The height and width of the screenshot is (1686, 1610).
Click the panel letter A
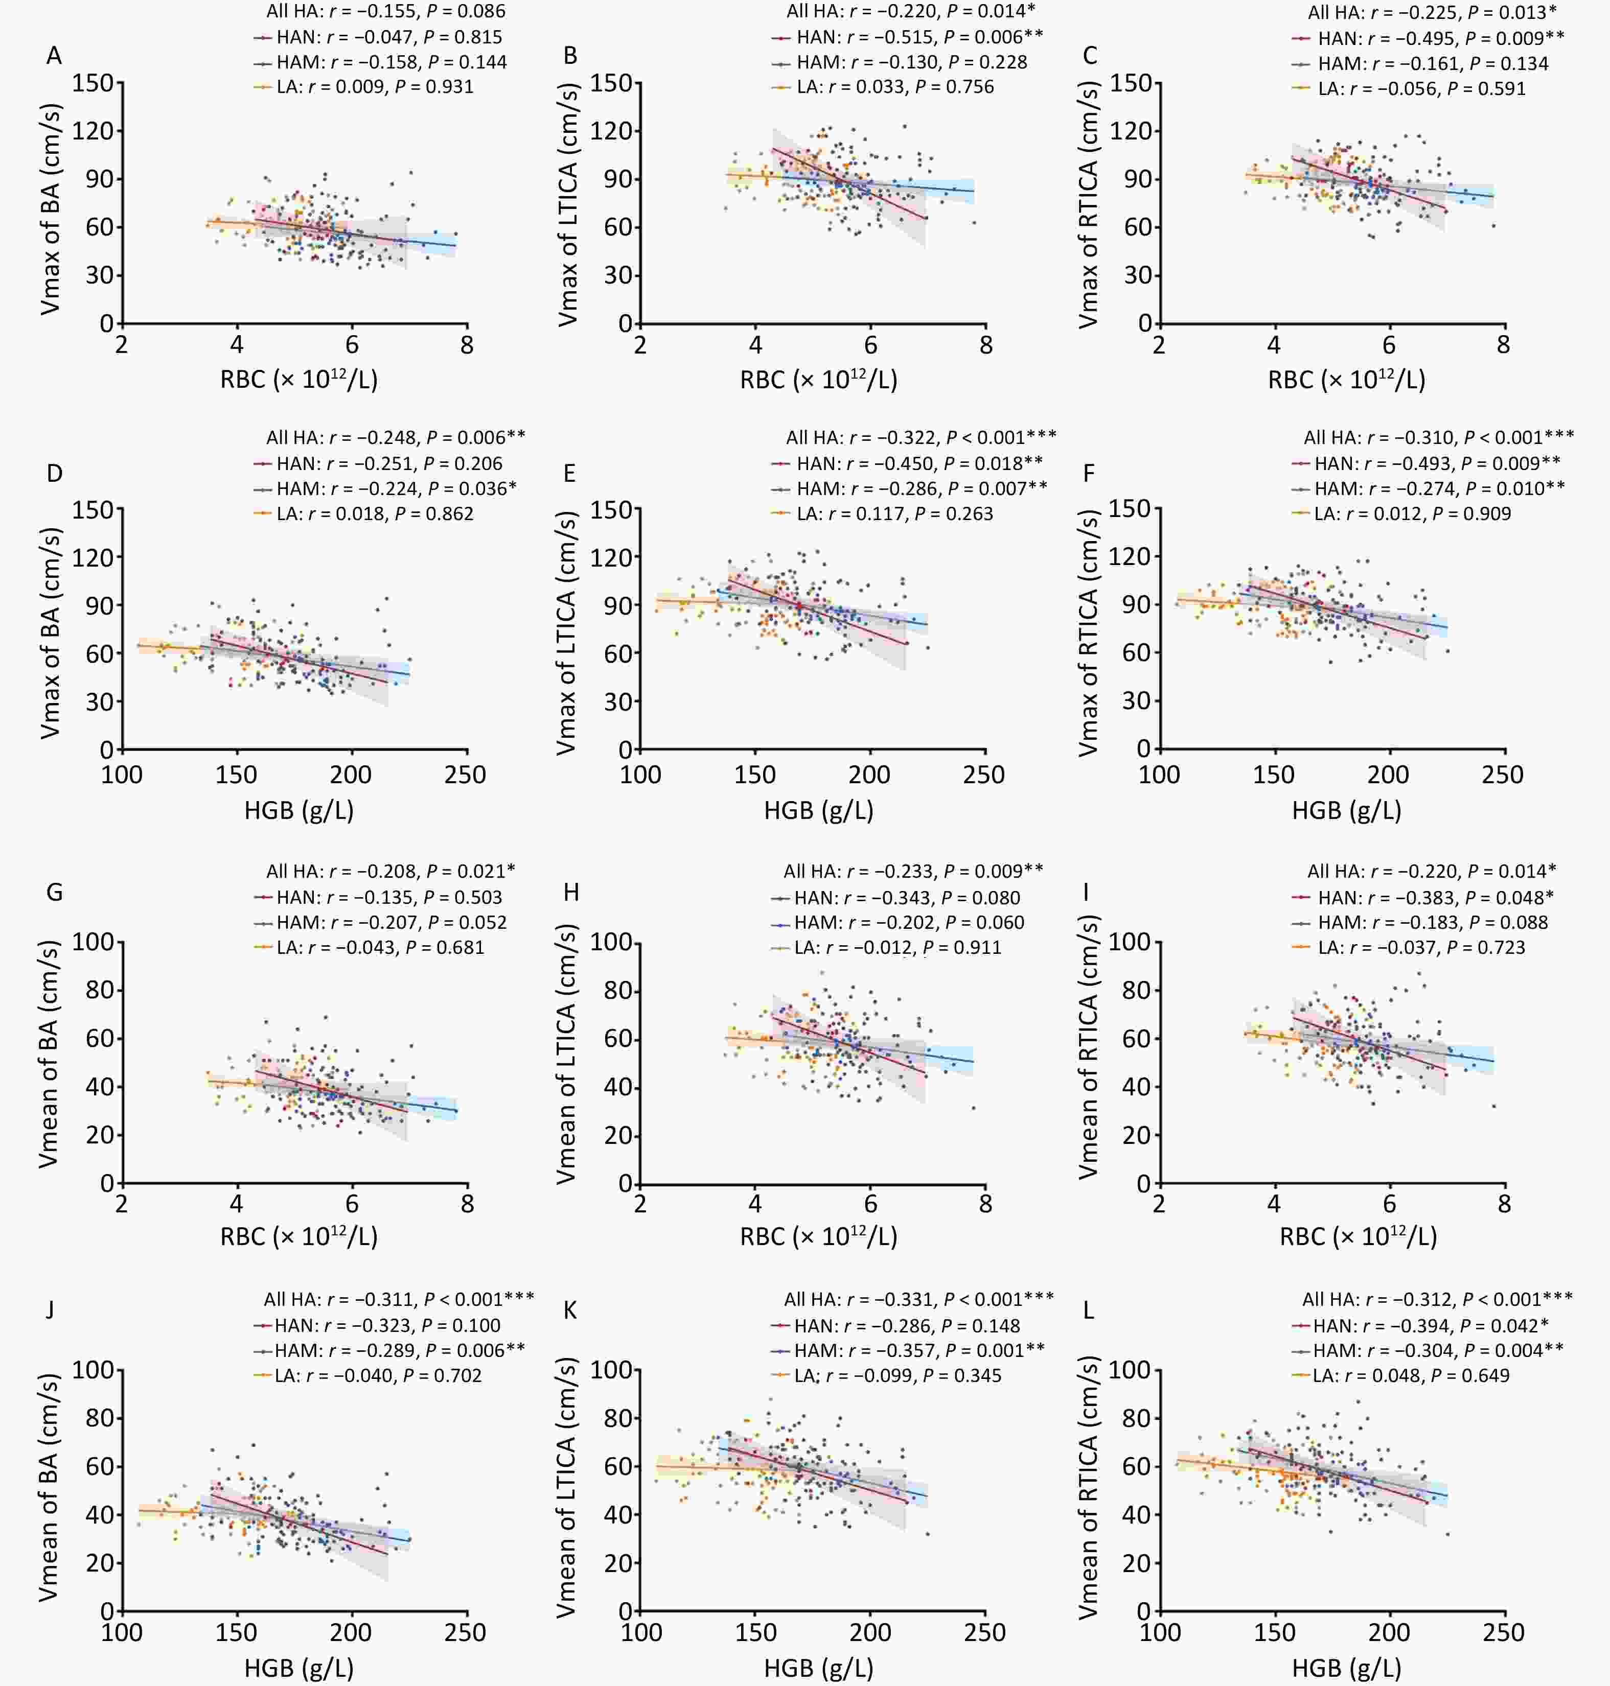[54, 56]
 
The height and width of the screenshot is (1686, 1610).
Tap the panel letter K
[570, 1310]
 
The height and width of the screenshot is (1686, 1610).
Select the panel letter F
[1089, 474]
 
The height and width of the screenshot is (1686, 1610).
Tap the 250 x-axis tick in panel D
[465, 775]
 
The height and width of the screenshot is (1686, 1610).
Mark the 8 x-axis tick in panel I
[1504, 1204]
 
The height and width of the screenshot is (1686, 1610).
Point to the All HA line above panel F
[1438, 437]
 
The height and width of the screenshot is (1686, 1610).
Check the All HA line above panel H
[913, 871]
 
